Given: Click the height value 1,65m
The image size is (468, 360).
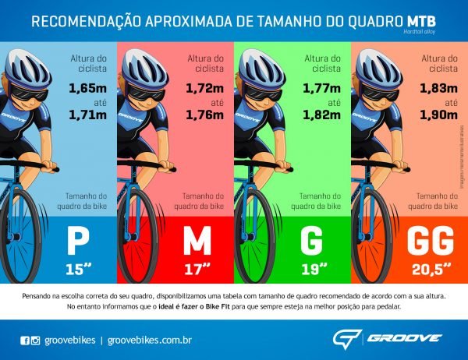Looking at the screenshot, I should pos(87,88).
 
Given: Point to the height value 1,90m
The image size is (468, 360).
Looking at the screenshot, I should pos(438,116).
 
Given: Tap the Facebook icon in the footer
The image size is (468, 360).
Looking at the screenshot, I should pos(24,341).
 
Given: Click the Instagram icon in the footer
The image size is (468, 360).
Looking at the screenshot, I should pos(35,341).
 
